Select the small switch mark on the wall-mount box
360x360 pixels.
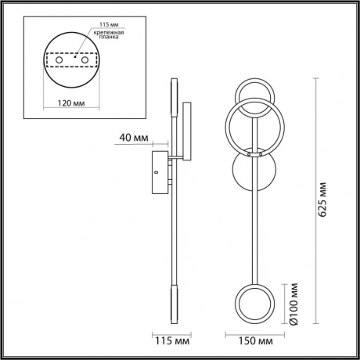(x=156, y=171)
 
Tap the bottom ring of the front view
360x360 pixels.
(x=254, y=304)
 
